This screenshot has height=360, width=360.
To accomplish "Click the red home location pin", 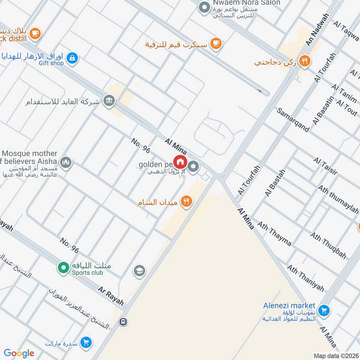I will click(x=180, y=162).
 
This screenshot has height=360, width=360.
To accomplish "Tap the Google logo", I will click(x=19, y=353).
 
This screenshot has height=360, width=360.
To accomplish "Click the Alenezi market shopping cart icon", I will click(x=323, y=310).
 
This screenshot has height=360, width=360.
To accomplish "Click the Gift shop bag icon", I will click(x=72, y=58).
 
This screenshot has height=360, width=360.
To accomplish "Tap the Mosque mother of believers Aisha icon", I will click(x=66, y=162).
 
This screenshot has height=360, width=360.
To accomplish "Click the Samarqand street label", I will click(x=293, y=120).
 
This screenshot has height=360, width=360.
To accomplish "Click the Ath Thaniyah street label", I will click(x=306, y=278).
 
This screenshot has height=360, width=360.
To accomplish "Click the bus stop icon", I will click(x=123, y=322).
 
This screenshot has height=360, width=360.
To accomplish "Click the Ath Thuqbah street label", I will click(x=328, y=246).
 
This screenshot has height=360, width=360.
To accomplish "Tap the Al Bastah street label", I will click(x=275, y=183).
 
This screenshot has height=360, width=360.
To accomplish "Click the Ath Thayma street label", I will click(x=274, y=233).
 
